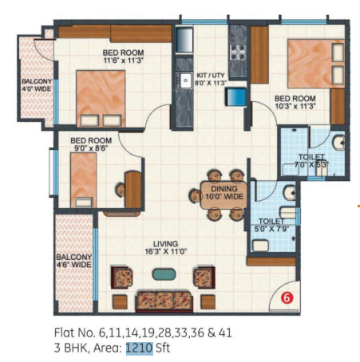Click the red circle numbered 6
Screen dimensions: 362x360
(x=287, y=299)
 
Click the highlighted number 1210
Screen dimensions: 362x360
(x=139, y=348)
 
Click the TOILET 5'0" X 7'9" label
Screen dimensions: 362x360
(x=271, y=226)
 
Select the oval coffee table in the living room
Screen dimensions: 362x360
(x=164, y=274)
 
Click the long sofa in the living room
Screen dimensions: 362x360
(x=164, y=301)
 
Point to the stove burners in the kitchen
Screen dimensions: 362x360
(x=238, y=52)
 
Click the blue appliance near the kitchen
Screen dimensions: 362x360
(x=236, y=97)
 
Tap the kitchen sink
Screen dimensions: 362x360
(x=184, y=79)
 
